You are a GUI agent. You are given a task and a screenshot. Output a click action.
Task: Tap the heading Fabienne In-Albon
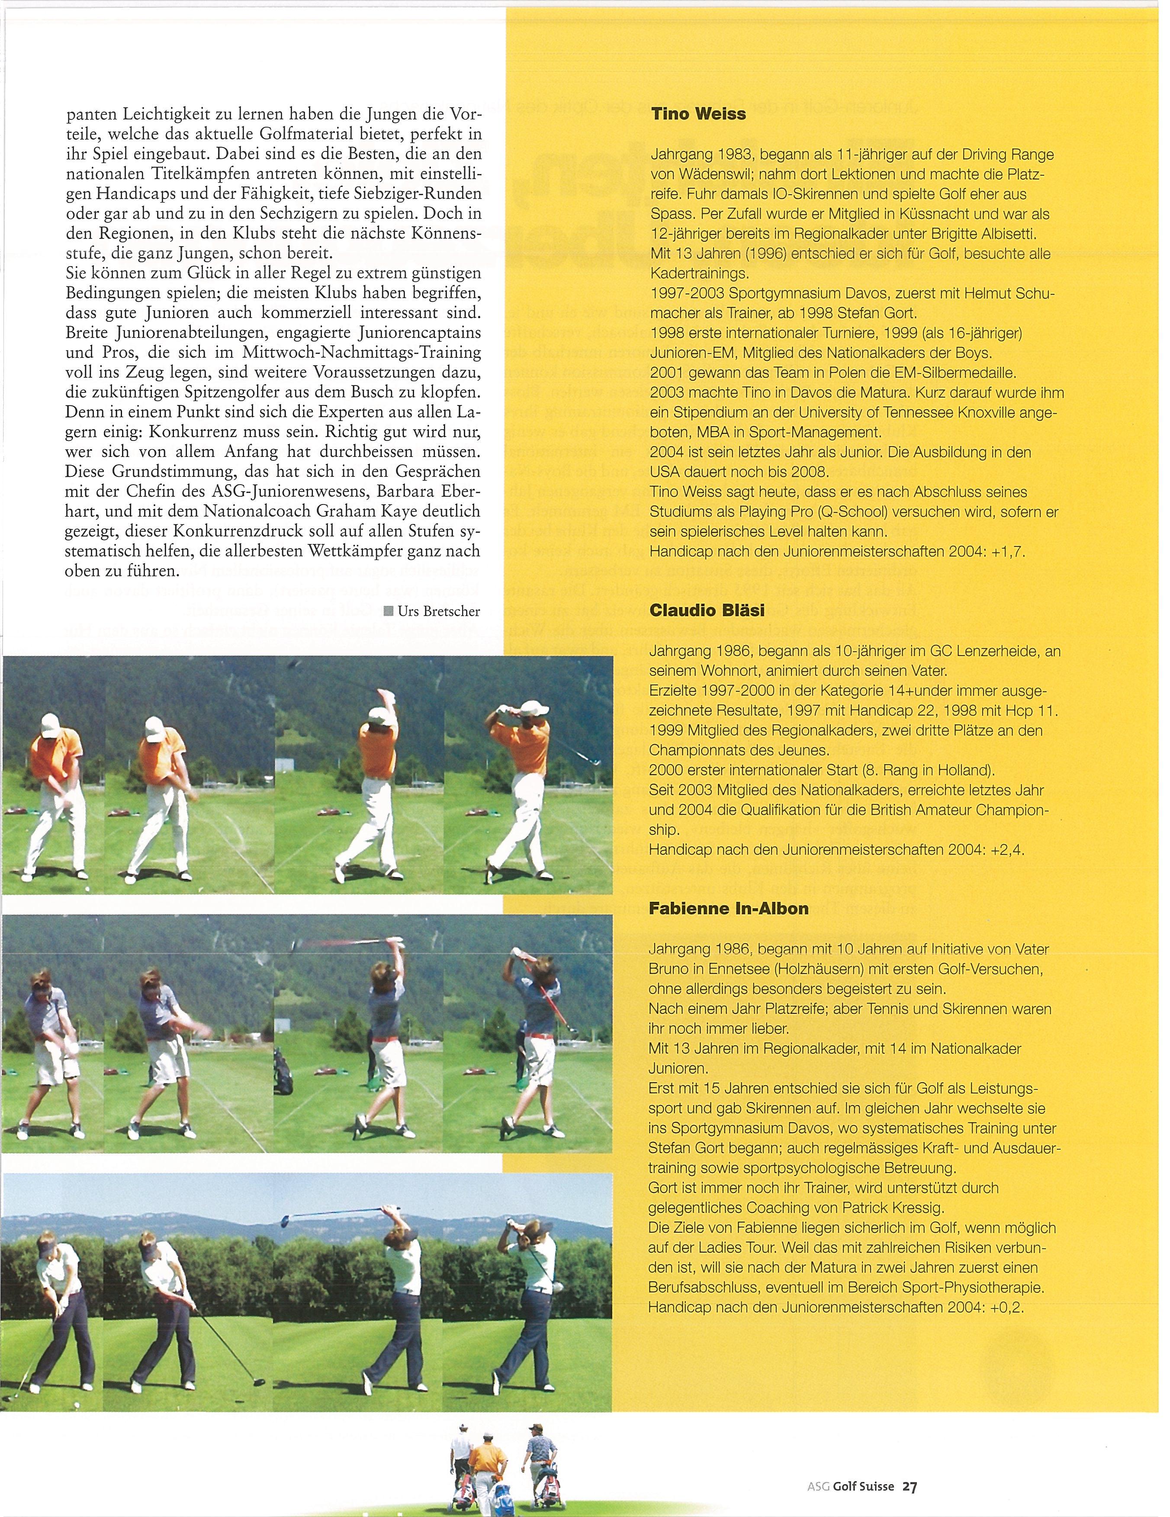[x=728, y=909]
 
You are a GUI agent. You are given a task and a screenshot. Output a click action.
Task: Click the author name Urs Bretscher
[x=439, y=611]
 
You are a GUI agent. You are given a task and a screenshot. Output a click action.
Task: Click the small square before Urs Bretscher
[x=386, y=612]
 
